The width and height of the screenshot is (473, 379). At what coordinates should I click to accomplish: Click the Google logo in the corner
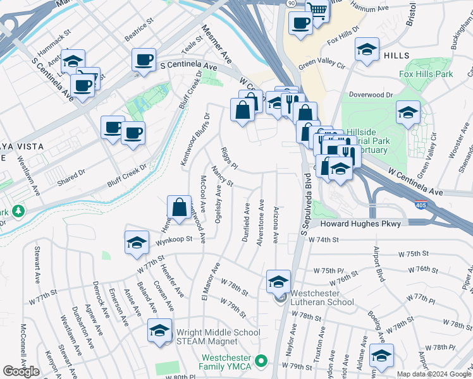[21, 371]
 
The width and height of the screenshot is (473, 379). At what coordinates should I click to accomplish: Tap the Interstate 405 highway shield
[421, 205]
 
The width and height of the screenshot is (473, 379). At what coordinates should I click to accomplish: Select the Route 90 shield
[290, 4]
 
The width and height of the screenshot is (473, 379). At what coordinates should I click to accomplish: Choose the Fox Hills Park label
[426, 74]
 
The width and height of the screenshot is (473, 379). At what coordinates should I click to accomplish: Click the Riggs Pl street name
[228, 159]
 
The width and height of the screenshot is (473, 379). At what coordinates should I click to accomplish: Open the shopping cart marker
[317, 9]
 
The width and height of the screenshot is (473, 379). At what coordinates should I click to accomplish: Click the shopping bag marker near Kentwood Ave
[180, 207]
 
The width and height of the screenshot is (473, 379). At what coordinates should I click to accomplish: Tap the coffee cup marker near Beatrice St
[144, 60]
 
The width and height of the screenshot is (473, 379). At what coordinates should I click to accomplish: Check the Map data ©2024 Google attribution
[434, 373]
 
